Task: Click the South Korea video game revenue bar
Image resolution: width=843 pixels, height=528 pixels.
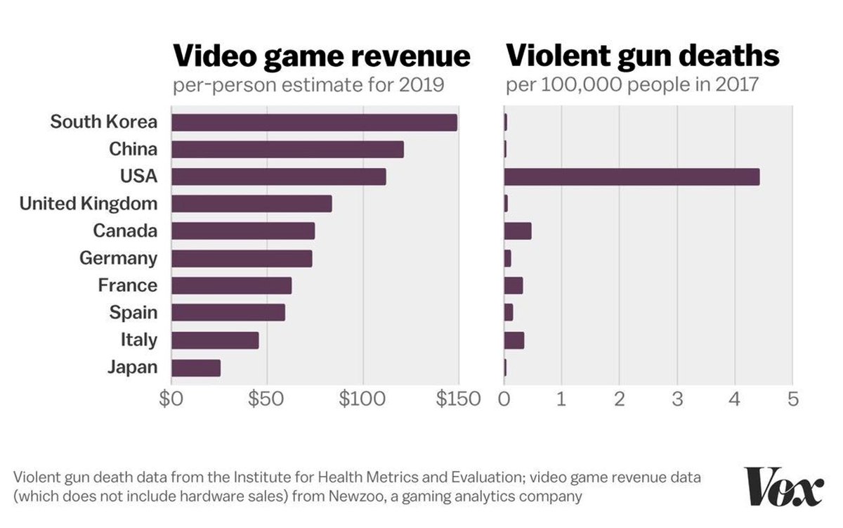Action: click(x=314, y=122)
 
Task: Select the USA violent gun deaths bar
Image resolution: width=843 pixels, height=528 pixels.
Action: click(x=632, y=176)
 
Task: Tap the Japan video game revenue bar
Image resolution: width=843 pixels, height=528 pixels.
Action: click(x=196, y=368)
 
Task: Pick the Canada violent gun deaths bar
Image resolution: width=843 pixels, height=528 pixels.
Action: click(x=518, y=231)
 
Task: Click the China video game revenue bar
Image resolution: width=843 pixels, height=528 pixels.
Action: click(x=287, y=149)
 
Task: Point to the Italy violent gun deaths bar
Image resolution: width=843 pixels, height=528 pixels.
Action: click(x=514, y=340)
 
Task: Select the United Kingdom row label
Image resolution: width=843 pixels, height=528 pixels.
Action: click(x=89, y=204)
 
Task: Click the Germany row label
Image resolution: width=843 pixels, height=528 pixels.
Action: click(x=118, y=258)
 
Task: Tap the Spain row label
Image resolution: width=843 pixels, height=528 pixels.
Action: click(x=133, y=312)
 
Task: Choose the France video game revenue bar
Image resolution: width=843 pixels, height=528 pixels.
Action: click(x=231, y=285)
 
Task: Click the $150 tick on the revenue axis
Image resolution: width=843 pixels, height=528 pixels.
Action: click(x=457, y=399)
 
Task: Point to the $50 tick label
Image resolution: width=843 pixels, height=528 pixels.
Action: click(x=266, y=399)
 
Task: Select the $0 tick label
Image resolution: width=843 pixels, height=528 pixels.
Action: click(x=171, y=399)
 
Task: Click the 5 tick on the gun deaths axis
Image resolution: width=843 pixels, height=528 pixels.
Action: click(x=793, y=399)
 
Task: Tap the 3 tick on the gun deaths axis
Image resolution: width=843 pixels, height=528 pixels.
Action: click(x=677, y=399)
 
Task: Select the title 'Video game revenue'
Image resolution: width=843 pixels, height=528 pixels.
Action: click(x=321, y=56)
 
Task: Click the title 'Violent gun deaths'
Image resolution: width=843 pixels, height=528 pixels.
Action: click(x=642, y=56)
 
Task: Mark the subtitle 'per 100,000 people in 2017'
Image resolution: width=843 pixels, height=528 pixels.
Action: click(x=632, y=85)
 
